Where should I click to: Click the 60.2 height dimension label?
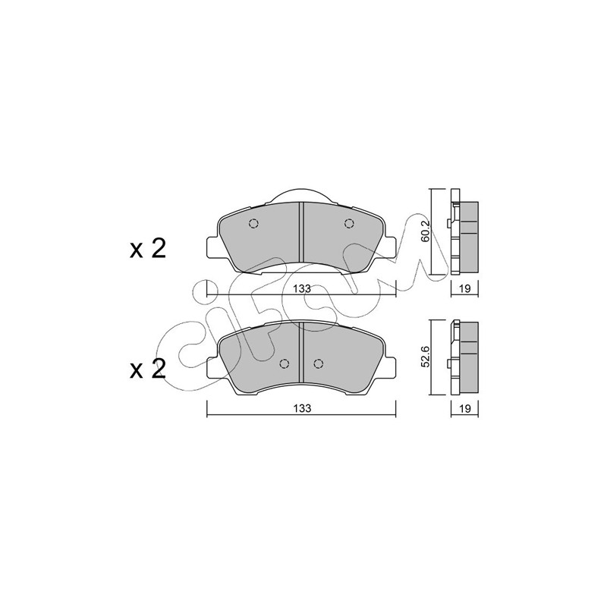tap(426, 232)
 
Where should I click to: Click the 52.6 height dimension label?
tap(426, 357)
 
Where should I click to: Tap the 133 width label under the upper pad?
tap(301, 289)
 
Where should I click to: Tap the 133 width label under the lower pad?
tap(301, 408)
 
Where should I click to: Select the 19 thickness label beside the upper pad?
tap(465, 288)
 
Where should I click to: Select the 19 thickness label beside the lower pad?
tap(465, 408)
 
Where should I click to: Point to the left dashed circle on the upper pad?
tap(253, 224)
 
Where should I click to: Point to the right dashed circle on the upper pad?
tap(349, 223)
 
